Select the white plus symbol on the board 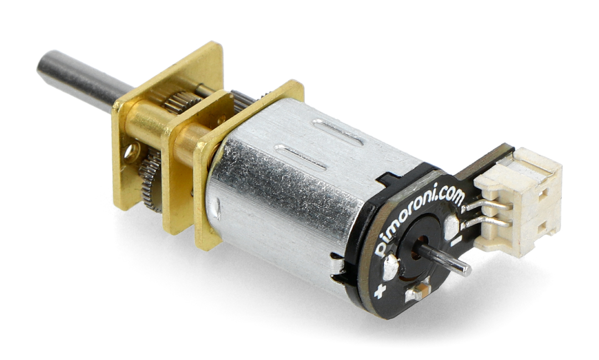pos(379,291)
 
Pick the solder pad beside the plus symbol pos(390,268)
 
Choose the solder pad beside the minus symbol pos(451,226)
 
